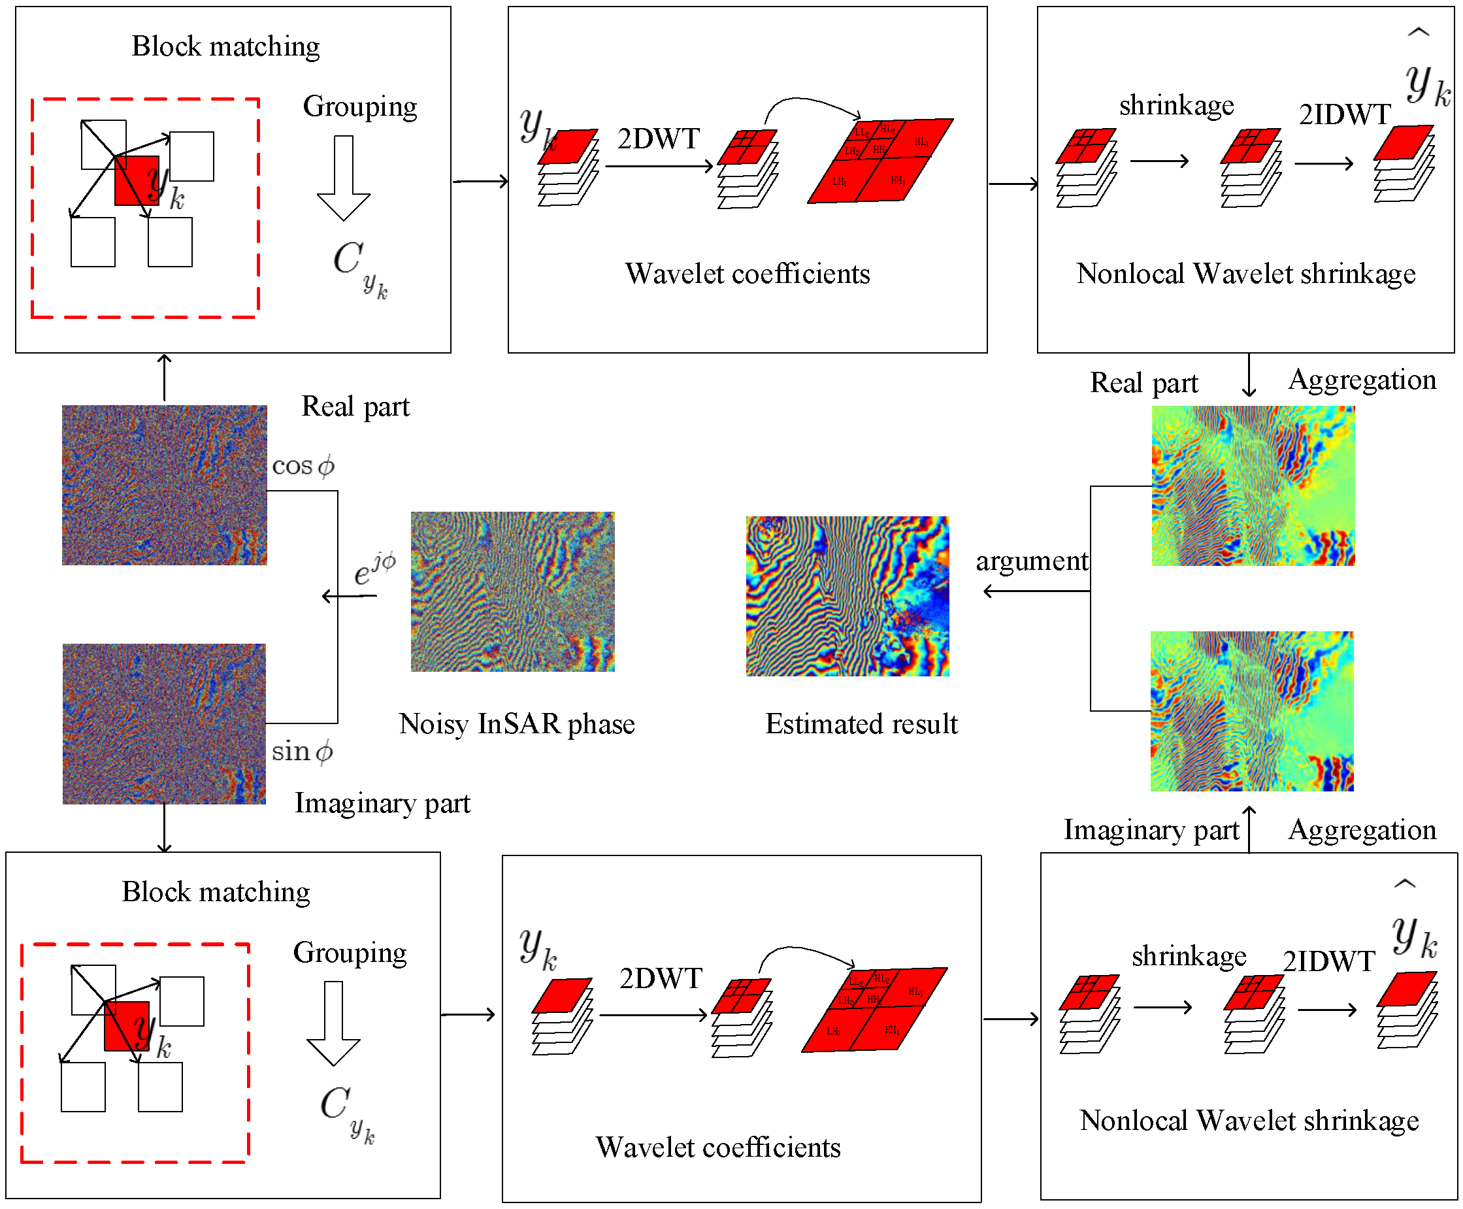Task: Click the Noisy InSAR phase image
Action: (512, 591)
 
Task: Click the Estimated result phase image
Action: (847, 595)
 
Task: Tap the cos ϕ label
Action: (303, 465)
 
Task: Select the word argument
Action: (1031, 561)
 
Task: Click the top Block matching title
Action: (225, 46)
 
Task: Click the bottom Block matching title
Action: (216, 891)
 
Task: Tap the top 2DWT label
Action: (658, 139)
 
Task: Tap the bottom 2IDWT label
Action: (1328, 961)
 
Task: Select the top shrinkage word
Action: (1176, 105)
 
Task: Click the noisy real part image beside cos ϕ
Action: (165, 485)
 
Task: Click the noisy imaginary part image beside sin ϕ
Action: (165, 723)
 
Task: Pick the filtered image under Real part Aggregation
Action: (1253, 486)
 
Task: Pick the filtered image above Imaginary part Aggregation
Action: (1251, 710)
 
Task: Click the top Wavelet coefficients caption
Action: (747, 274)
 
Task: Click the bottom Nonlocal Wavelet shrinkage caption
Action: (1249, 1121)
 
